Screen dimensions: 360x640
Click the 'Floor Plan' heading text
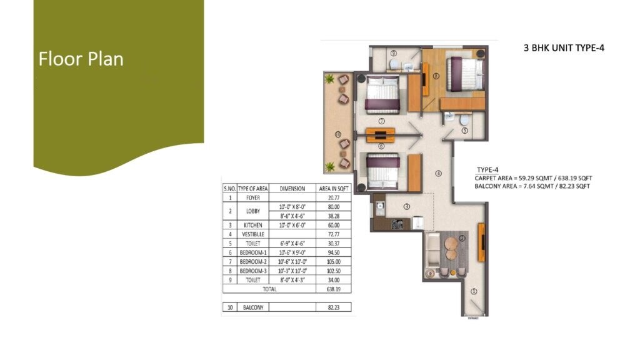click(81, 59)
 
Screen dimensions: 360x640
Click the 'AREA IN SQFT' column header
click(332, 188)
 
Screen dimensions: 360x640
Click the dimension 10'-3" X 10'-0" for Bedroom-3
click(292, 271)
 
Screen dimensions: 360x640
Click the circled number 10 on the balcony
click(337, 134)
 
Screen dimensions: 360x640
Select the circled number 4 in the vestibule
click(439, 173)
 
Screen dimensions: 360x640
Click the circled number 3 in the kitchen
click(406, 206)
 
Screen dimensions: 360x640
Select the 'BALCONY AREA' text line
click(532, 186)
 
